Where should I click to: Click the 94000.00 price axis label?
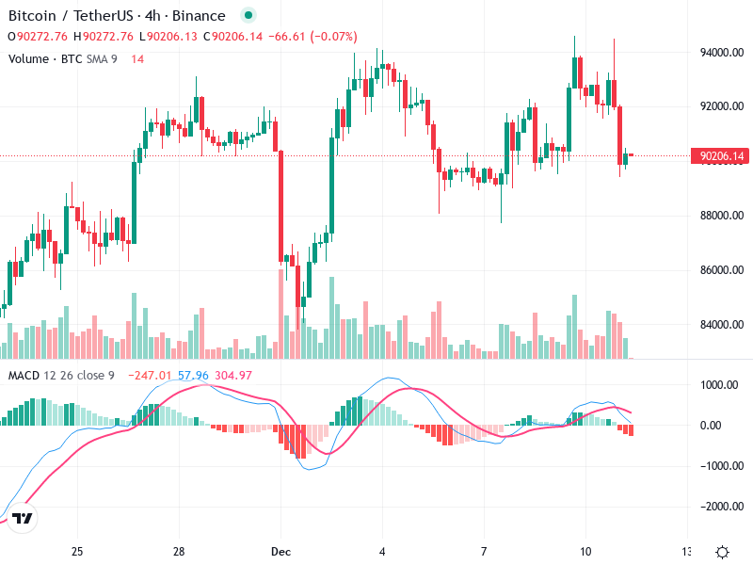click(x=724, y=53)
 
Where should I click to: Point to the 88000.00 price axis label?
click(x=724, y=216)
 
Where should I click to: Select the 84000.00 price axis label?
click(x=724, y=325)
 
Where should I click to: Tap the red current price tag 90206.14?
click(x=722, y=156)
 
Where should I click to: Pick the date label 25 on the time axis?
click(x=77, y=551)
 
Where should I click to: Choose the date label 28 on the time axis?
click(x=179, y=551)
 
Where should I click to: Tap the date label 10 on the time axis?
click(x=585, y=551)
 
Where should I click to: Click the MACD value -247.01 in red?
click(x=152, y=376)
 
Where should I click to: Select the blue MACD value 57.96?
click(x=193, y=376)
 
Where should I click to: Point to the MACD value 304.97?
click(x=232, y=376)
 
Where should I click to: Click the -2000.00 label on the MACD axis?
click(x=723, y=507)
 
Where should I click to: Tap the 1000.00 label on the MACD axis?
click(x=724, y=385)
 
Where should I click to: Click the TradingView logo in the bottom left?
click(x=23, y=519)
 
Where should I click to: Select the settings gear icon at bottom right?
click(x=723, y=552)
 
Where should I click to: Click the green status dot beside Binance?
click(x=248, y=16)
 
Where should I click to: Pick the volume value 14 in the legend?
click(x=137, y=59)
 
